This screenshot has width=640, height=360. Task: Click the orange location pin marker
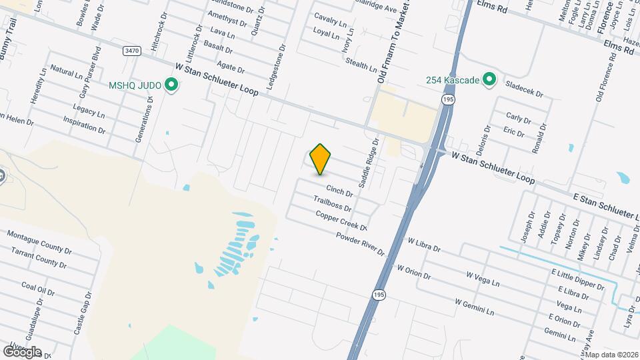coord(321,159)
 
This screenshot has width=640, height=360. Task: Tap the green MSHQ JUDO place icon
coord(171,85)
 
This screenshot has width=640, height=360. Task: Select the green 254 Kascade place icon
coord(489,80)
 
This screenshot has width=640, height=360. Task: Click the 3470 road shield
coord(133,51)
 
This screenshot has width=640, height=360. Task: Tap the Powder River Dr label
coord(360,245)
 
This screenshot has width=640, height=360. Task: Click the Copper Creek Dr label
coord(341,221)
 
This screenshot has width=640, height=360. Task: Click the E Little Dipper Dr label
coord(577,279)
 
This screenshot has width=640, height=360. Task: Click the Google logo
coord(21,351)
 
